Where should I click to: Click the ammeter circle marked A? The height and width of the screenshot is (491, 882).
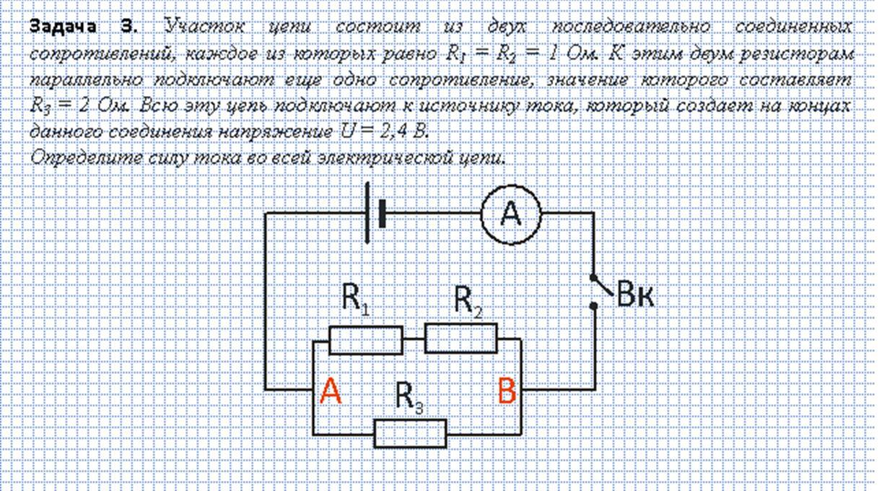click(510, 214)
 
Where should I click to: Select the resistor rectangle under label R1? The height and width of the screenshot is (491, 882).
click(365, 339)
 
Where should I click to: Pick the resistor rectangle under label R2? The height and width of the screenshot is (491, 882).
click(460, 339)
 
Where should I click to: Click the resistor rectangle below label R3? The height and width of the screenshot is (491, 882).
click(410, 433)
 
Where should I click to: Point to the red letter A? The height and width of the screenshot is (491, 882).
click(330, 391)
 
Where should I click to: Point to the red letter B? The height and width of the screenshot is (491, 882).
click(507, 392)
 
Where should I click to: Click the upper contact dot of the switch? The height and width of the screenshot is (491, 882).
click(593, 277)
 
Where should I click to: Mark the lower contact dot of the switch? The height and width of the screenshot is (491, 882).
click(593, 306)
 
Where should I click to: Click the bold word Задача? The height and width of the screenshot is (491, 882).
click(63, 27)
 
